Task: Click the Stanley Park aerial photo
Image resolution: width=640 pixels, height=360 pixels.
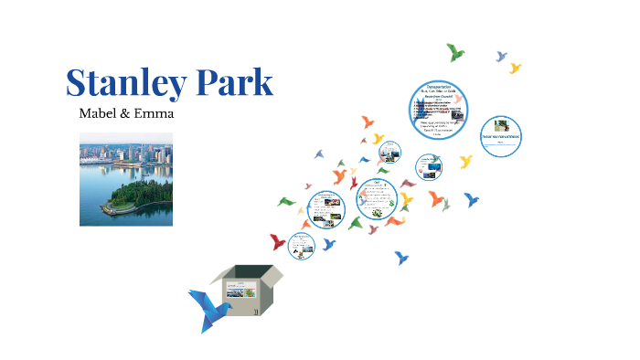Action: [125, 180]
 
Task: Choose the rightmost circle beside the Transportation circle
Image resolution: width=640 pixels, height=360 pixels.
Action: [500, 136]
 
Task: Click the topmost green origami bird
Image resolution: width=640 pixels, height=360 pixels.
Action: [454, 52]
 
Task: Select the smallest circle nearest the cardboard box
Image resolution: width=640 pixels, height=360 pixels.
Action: [301, 245]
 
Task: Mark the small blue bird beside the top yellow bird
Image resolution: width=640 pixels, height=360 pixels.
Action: [501, 56]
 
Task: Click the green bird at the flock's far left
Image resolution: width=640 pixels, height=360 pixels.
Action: [286, 200]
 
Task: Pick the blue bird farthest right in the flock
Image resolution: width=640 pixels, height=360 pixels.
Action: [472, 199]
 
